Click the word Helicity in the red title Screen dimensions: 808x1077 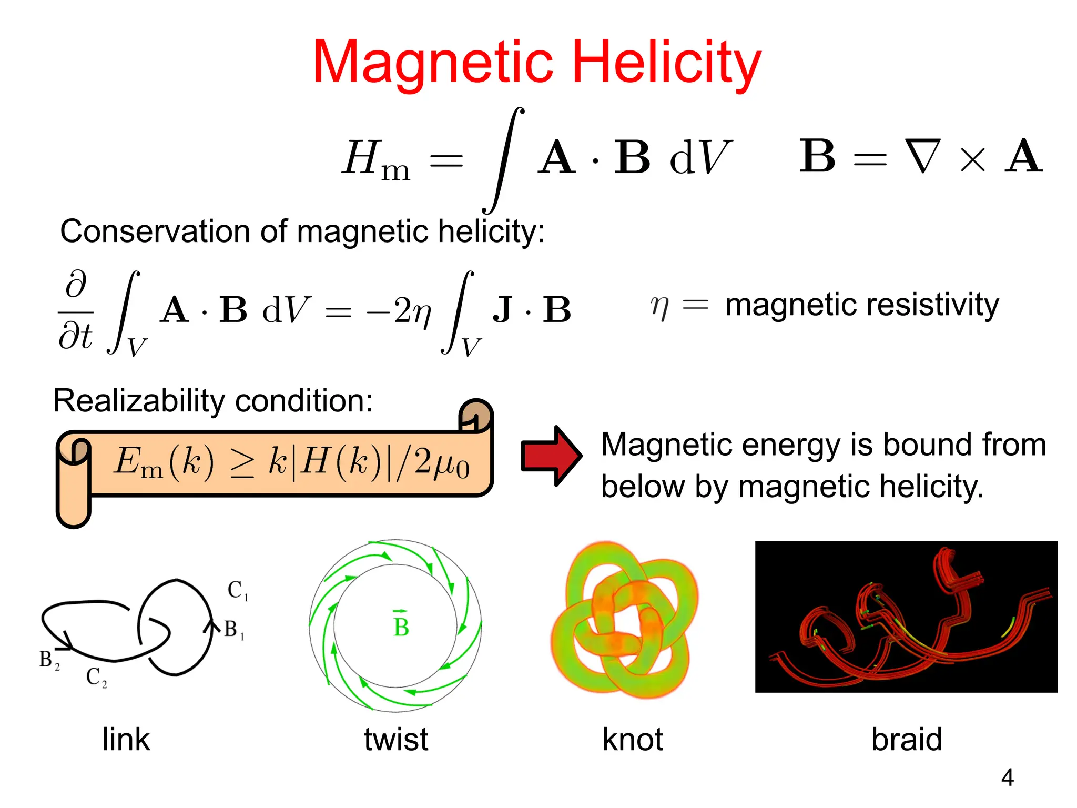pyautogui.click(x=666, y=63)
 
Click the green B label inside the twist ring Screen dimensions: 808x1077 pyautogui.click(x=401, y=625)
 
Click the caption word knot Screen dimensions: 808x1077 pyautogui.click(x=632, y=739)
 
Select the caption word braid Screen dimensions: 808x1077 pyautogui.click(x=907, y=739)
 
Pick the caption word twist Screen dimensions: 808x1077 pyautogui.click(x=396, y=739)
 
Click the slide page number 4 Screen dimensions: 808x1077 pyautogui.click(x=1007, y=777)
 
